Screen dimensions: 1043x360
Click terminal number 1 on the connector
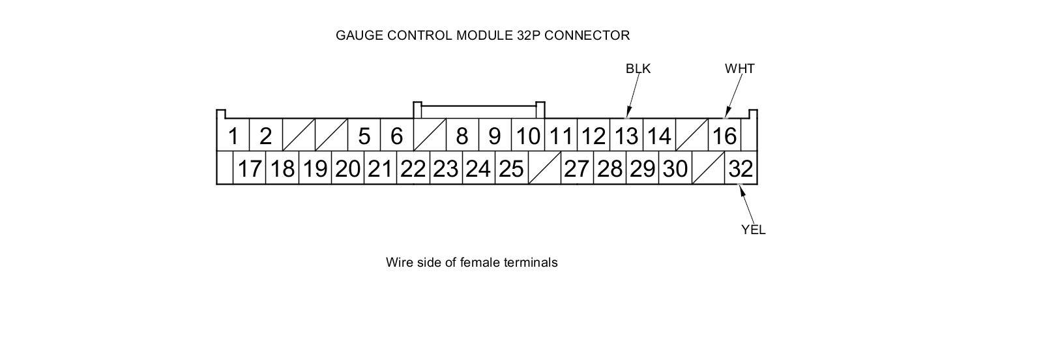(x=233, y=136)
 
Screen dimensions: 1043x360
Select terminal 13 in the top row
(x=626, y=136)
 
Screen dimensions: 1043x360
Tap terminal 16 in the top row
(x=724, y=136)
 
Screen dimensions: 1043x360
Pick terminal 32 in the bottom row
(x=741, y=168)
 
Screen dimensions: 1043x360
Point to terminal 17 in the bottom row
(x=249, y=168)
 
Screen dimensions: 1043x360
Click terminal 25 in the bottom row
(x=511, y=168)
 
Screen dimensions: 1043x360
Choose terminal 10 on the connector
(x=528, y=136)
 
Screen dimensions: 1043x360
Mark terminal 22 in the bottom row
(x=413, y=168)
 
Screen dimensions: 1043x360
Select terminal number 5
(x=364, y=136)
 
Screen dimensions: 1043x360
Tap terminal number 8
(x=462, y=136)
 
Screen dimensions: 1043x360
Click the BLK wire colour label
(x=638, y=68)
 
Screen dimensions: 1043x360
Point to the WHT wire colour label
(x=739, y=68)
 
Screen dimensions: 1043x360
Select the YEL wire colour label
(x=753, y=230)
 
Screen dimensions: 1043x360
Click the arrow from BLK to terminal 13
(x=633, y=95)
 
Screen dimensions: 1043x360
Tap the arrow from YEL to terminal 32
(x=746, y=204)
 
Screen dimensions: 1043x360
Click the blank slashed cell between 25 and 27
(x=544, y=168)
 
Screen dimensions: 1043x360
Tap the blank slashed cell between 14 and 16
(x=692, y=136)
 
